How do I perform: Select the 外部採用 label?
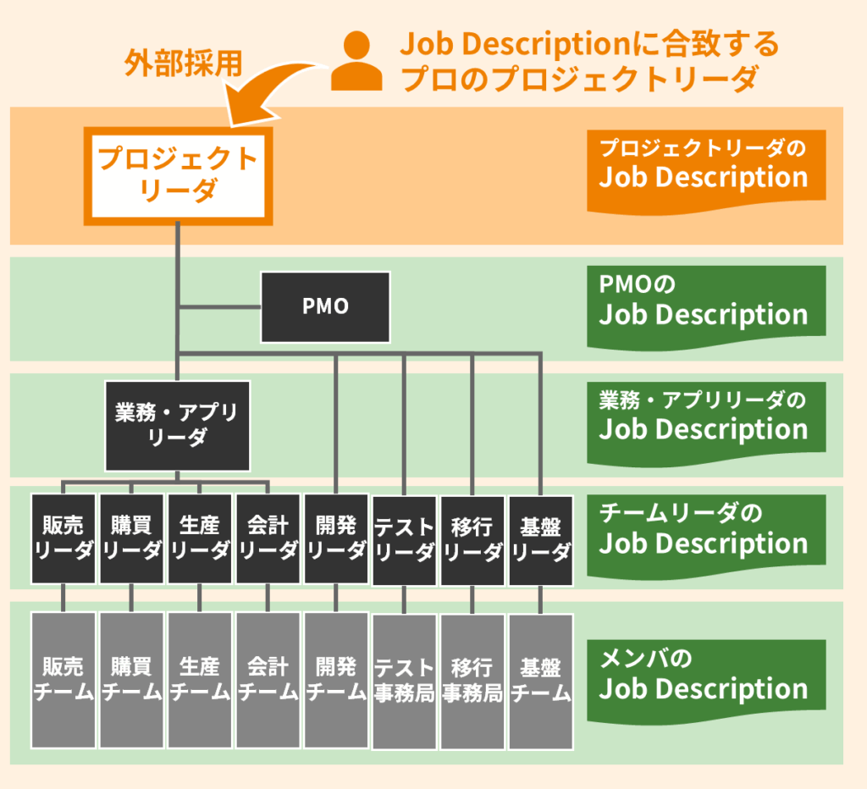[183, 63]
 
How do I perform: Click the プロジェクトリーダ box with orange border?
[178, 175]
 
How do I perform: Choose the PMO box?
[325, 306]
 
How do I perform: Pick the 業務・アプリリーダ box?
[177, 425]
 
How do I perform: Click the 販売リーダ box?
[64, 538]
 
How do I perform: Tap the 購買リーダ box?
[131, 538]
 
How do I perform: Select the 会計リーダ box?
[268, 538]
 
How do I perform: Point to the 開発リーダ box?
[336, 538]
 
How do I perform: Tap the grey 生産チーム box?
[200, 680]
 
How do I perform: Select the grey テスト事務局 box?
[404, 681]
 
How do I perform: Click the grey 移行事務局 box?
[472, 681]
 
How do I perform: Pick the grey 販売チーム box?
[64, 680]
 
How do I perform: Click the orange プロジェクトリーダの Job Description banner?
[705, 167]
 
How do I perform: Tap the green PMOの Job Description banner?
[705, 304]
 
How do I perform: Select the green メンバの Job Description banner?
[705, 677]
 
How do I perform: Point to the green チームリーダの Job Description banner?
[705, 532]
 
